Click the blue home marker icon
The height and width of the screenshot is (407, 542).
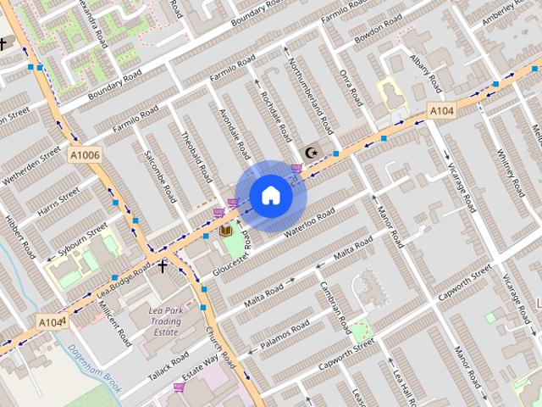pyautogui.click(x=271, y=196)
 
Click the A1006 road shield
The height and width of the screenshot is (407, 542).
pyautogui.click(x=84, y=154)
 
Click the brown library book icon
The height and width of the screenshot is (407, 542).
pyautogui.click(x=225, y=231)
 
